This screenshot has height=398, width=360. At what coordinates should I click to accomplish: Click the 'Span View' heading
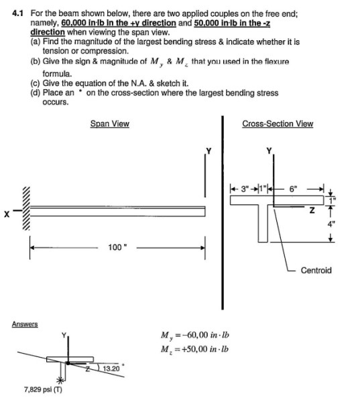coord(110,124)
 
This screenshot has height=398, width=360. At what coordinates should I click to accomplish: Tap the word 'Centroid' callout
coord(316,271)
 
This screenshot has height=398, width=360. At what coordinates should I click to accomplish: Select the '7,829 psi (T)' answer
coord(42,389)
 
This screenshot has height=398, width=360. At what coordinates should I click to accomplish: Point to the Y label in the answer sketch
coord(64,336)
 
